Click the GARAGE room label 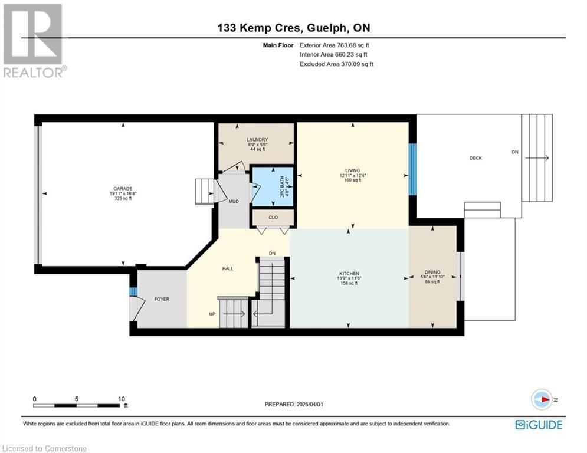123,189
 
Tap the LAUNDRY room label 257,140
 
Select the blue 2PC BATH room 273,186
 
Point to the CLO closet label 273,218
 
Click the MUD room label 234,201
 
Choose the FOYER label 162,299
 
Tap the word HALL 228,268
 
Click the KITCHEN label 349,274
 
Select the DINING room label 432,272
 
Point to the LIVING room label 352,170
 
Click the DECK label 476,158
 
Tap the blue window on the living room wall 412,169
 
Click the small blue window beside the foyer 133,291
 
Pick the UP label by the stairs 212,314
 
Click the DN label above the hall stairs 272,254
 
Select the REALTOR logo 34,41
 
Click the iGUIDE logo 539,425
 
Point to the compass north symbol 542,399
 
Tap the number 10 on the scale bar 122,399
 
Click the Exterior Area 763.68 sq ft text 335,45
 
